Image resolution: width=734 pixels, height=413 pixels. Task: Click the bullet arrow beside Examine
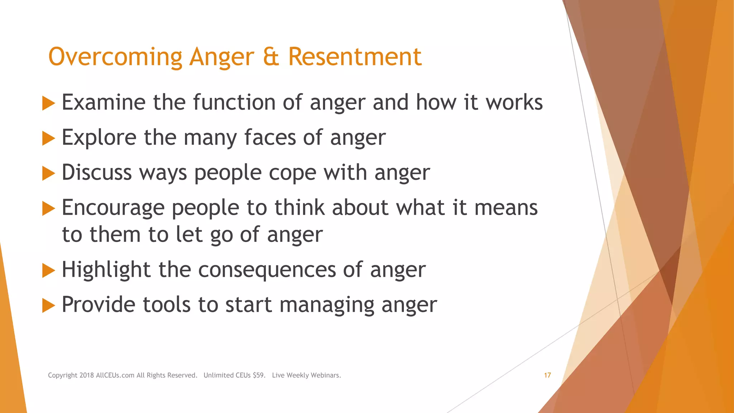[x=48, y=103]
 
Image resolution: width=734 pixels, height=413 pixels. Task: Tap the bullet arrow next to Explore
[x=48, y=138]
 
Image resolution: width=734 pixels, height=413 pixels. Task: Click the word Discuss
[x=97, y=172]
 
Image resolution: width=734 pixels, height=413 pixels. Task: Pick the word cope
[x=292, y=173]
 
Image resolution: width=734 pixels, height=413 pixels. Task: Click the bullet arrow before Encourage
[x=48, y=208]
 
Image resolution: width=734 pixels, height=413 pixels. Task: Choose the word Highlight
[x=106, y=270]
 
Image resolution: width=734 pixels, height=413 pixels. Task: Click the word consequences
[x=267, y=270]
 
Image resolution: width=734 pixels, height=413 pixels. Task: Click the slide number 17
[x=547, y=375]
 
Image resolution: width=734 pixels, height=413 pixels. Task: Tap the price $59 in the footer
[x=259, y=375]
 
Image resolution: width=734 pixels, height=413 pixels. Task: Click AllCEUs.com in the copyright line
[x=115, y=375]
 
